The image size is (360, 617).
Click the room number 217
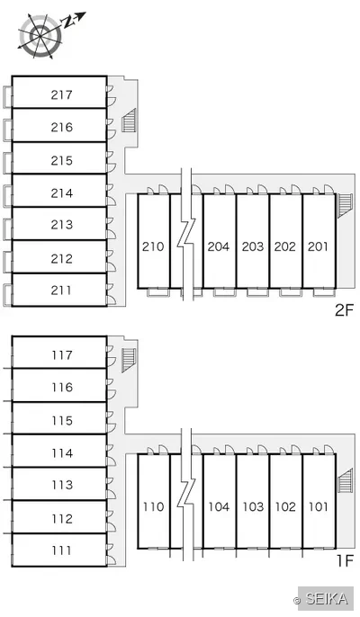pos(61,94)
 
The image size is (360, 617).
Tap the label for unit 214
pos(62,193)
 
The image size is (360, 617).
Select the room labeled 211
pos(61,291)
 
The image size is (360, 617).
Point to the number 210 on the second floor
pos(153,246)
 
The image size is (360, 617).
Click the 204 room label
pos(219,246)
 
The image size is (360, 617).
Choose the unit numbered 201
pos(318,246)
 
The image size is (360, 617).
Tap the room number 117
pos(62,355)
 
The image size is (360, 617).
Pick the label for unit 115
pos(62,421)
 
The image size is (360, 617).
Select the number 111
pos(61,550)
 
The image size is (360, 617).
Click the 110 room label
pos(153,507)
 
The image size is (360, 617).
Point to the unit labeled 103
pos(253,507)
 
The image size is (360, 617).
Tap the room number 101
pos(318,507)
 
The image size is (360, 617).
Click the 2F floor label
pos(344,310)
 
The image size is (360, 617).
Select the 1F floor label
pos(346,560)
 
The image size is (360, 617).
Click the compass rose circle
pos(40,36)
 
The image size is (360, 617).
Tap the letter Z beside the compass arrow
pos(68,22)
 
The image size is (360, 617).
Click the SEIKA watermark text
pos(327,599)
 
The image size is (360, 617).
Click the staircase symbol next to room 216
pos(129,120)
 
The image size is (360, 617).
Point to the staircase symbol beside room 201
pos(345,205)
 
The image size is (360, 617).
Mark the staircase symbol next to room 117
pos(129,360)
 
